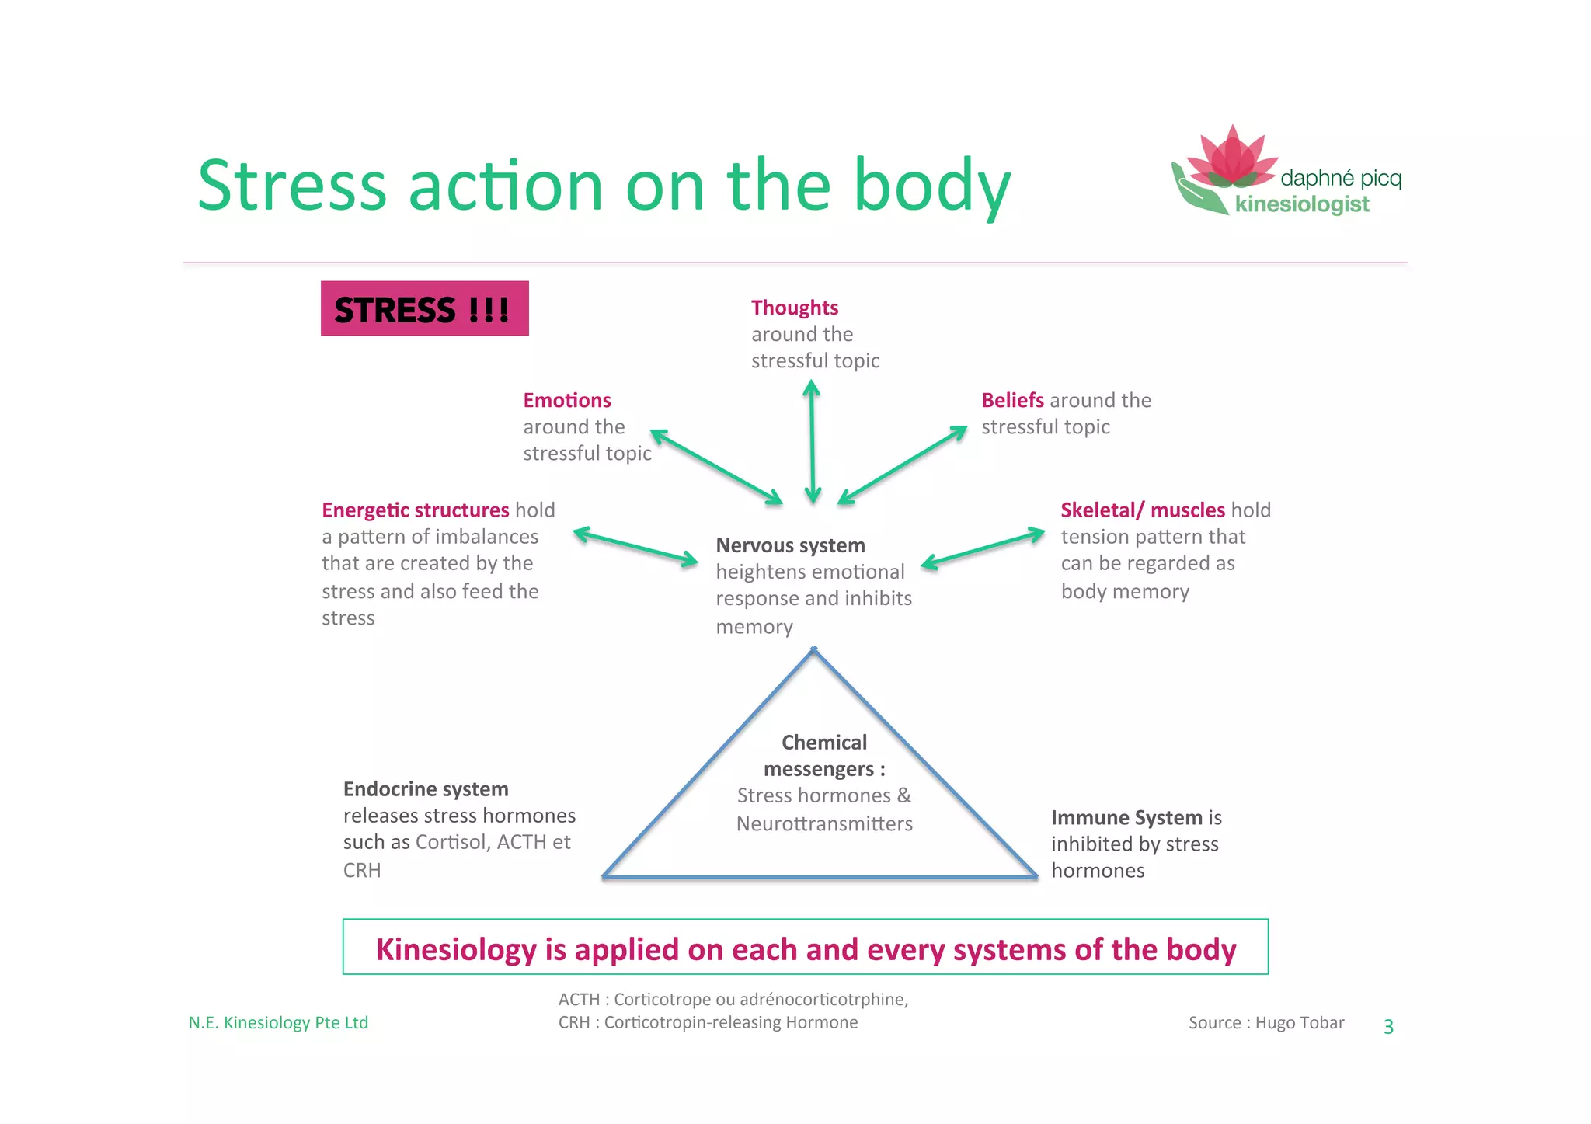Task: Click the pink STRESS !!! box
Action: [x=424, y=308]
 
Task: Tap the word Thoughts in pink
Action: [x=794, y=308]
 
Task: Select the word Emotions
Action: [x=566, y=400]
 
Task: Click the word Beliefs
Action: [x=1011, y=400]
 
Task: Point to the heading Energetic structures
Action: [x=415, y=510]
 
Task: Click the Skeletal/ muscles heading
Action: [x=1142, y=510]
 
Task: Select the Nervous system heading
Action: [x=789, y=545]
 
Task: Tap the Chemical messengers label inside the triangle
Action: [x=823, y=755]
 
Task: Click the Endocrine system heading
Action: [x=425, y=789]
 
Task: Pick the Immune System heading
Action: [x=1126, y=817]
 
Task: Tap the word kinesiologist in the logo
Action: [x=1302, y=204]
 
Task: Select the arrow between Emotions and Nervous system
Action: [x=715, y=467]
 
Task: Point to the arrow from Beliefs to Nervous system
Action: [x=903, y=465]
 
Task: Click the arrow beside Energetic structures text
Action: [x=635, y=547]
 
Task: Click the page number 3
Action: [x=1388, y=1027]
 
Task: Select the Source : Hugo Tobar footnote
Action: [x=1265, y=1023]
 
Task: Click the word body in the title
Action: [x=931, y=186]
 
